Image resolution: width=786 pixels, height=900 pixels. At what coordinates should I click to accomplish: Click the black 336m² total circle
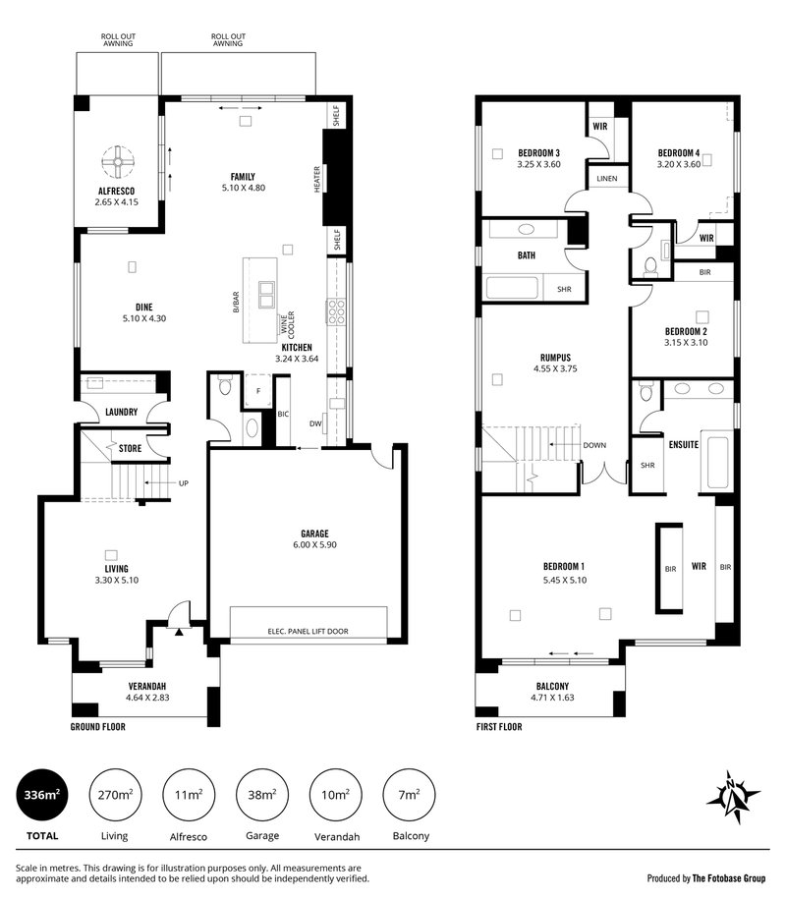pos(42,796)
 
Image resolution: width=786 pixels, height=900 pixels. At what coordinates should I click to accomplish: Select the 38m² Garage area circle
pos(262,796)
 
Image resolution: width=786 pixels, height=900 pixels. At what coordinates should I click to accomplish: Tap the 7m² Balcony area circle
pos(409,796)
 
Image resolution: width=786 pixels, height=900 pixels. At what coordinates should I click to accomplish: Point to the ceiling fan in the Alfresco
pos(118,162)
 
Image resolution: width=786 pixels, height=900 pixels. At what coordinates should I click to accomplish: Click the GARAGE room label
pos(314,534)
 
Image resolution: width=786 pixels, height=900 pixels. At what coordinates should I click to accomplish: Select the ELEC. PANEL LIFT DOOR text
pos(308,632)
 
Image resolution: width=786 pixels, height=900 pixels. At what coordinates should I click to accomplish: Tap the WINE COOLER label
pos(288,325)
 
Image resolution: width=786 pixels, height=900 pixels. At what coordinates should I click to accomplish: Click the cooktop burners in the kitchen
pos(336,311)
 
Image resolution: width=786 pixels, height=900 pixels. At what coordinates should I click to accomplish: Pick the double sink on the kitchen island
pos(266,294)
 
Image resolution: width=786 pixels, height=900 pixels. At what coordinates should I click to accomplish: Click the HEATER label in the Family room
pos(317,179)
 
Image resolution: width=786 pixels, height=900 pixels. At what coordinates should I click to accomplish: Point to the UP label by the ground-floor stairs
pos(183,483)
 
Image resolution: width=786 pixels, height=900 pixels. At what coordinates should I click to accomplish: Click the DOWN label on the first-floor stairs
pos(594,445)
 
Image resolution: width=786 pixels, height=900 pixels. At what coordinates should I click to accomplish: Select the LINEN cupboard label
pos(607,179)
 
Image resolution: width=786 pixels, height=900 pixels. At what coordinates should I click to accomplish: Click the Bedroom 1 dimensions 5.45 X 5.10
pos(565,581)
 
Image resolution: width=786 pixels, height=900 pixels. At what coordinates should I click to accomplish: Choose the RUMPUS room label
pos(555,358)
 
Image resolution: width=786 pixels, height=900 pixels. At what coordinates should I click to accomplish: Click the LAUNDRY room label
pos(121,412)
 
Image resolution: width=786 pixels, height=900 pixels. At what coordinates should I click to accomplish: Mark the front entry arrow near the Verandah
pos(179,632)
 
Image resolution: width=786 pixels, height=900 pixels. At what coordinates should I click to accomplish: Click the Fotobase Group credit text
pos(706,878)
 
